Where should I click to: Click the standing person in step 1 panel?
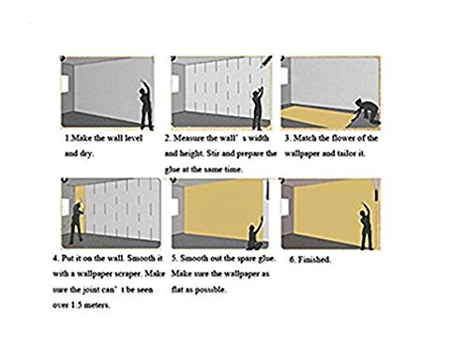tap(146, 106)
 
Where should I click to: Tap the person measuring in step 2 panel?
tap(258, 109)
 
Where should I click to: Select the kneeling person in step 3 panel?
tap(367, 112)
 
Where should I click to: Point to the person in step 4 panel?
tap(77, 221)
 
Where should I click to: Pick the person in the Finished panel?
tap(366, 228)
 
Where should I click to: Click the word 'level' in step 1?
tap(133, 138)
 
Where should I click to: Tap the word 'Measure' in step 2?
tap(188, 138)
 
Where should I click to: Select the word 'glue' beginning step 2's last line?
tap(172, 170)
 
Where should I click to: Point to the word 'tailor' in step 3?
tap(347, 154)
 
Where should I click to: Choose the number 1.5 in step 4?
tap(76, 305)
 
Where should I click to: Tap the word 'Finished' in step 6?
tap(314, 260)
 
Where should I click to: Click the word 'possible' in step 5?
tap(212, 290)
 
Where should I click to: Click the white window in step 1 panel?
tap(65, 83)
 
